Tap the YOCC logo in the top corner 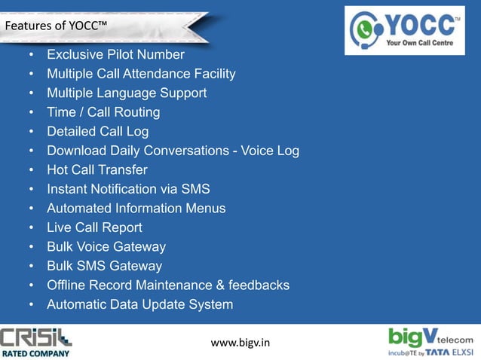coord(405,30)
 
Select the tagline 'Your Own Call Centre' coord(421,44)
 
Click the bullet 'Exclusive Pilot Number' coord(115,55)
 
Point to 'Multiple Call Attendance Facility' coord(141,74)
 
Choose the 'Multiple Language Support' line coord(127,93)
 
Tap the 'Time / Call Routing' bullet coord(103,112)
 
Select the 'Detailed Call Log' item coord(98,132)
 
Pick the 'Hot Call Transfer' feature coord(97,170)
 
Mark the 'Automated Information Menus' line coord(136,208)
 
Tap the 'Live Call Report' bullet coord(94,227)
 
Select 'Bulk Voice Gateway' coord(106,246)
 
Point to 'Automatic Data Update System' coord(139,304)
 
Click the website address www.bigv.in coord(240,343)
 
